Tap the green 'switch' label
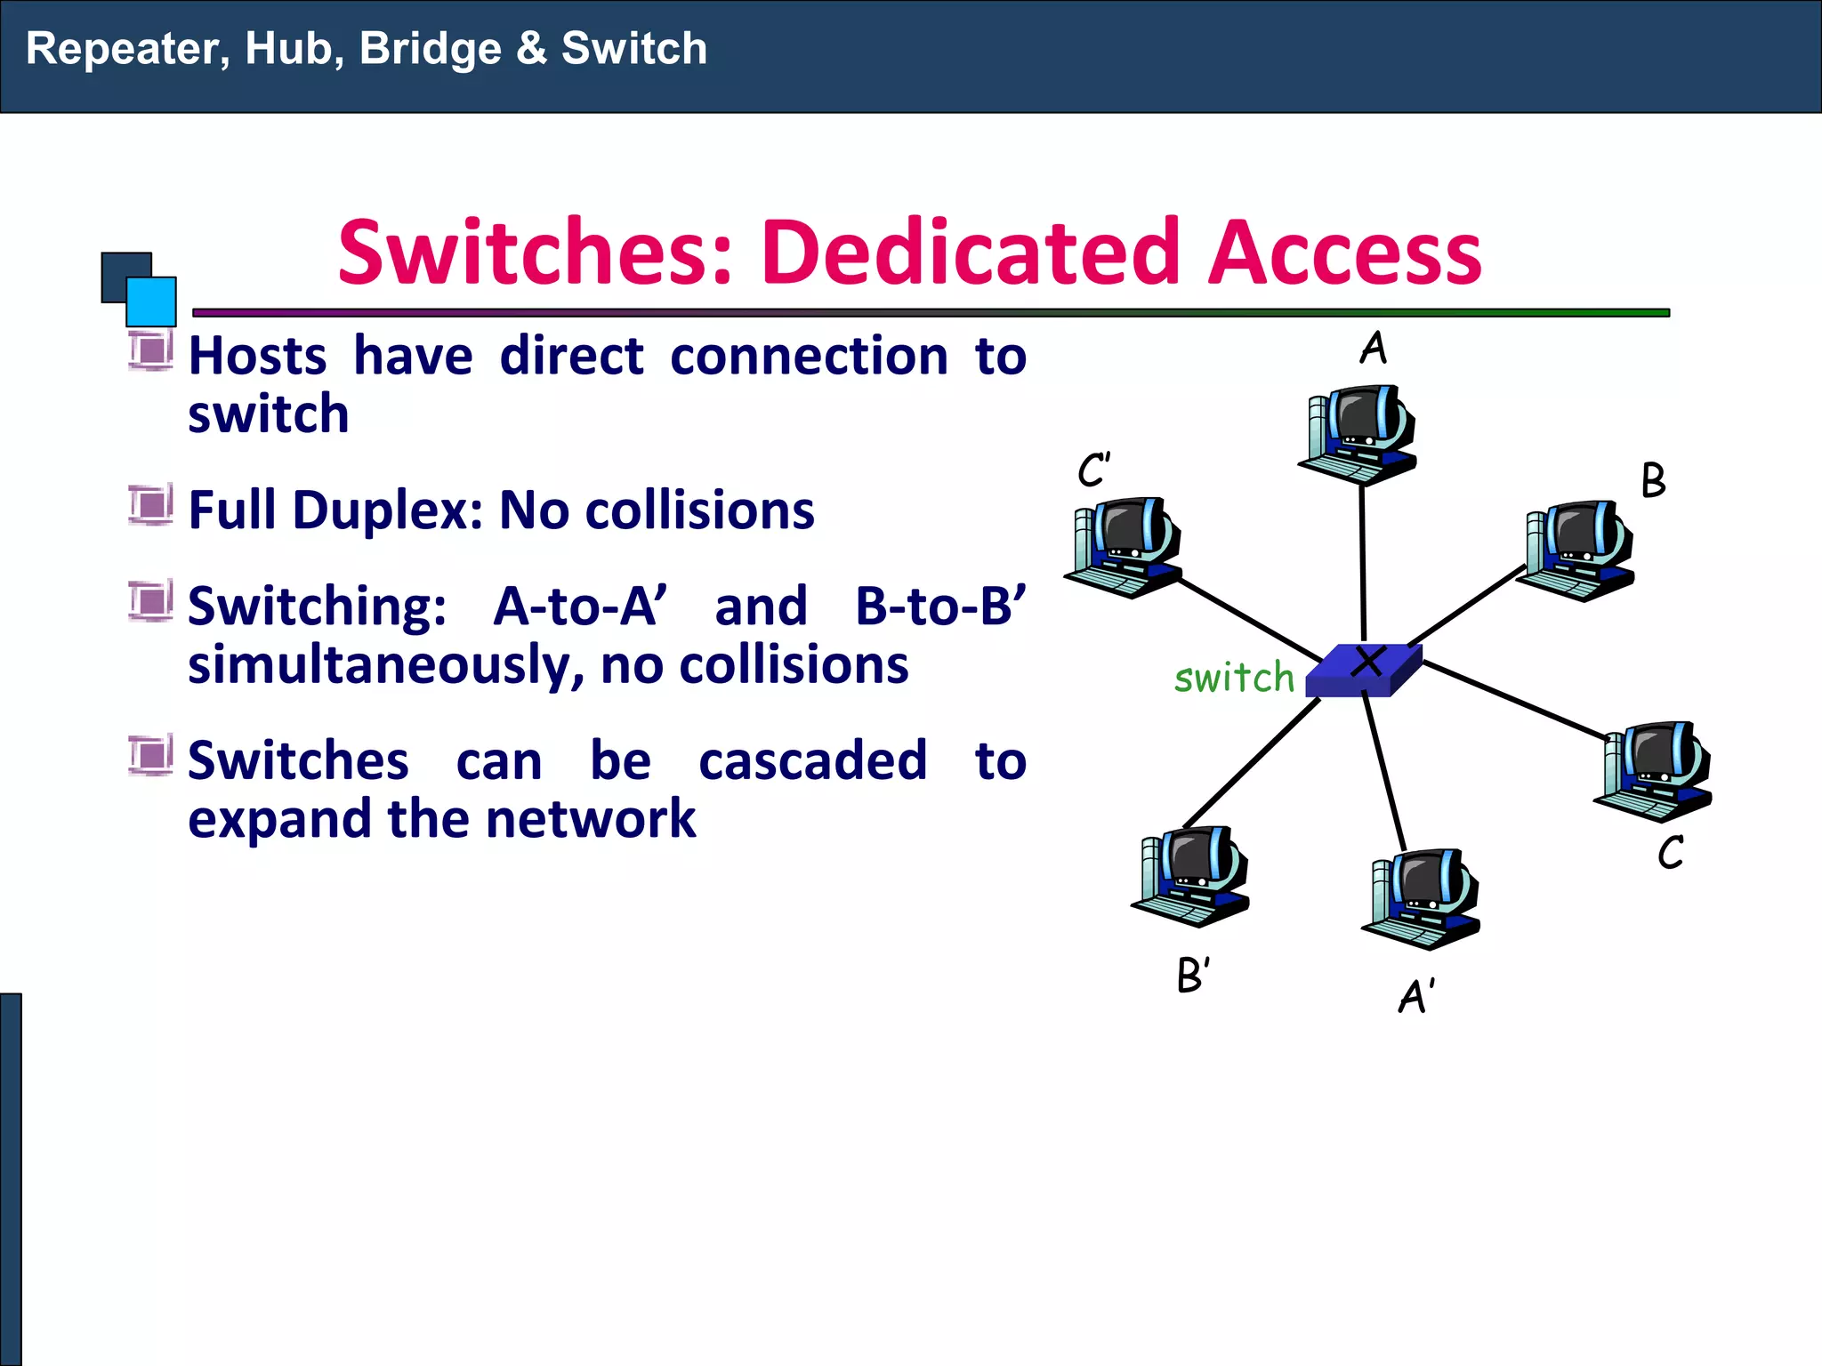1234,678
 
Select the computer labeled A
1358,434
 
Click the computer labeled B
1576,550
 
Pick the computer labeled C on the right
1654,770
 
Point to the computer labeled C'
1124,547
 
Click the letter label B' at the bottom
1193,975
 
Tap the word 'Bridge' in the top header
431,49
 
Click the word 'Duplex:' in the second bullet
388,510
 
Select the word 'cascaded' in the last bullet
812,761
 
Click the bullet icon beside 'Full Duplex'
150,505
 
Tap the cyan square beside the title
151,301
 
